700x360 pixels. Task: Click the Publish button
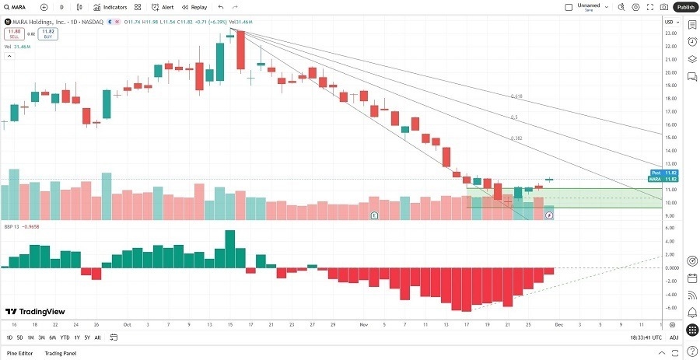point(685,7)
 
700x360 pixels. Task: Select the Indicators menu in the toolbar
point(110,7)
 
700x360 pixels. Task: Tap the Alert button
point(163,7)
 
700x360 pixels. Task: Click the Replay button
point(194,7)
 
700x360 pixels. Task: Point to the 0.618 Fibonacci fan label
point(516,96)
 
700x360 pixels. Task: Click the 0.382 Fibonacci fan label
point(516,138)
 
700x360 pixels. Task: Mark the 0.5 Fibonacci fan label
point(513,117)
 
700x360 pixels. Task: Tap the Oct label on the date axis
point(127,323)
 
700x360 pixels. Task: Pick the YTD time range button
point(65,337)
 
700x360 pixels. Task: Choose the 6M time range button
point(52,337)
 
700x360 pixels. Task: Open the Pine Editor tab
point(20,354)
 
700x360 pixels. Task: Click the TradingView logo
point(35,311)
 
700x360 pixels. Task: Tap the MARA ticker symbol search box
point(20,7)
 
